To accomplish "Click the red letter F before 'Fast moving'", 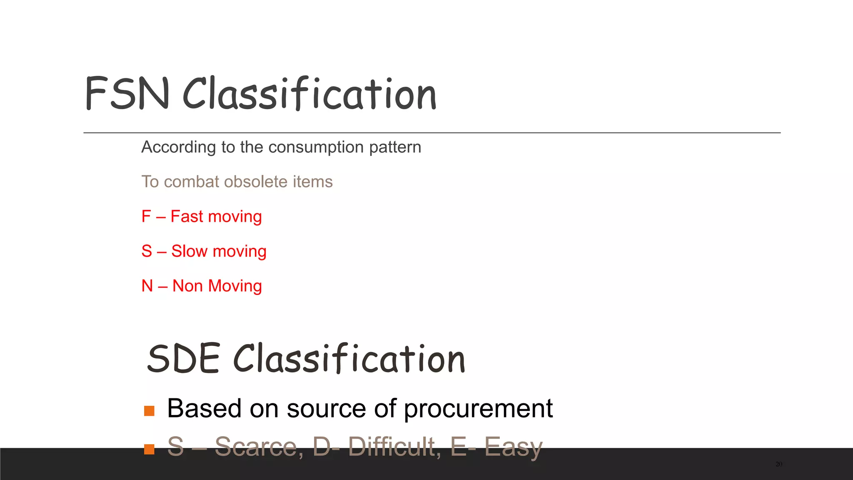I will point(146,217).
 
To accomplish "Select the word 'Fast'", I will point(187,217).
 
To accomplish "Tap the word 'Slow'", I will point(190,251).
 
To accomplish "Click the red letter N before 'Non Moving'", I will point(147,286).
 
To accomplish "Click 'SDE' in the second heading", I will point(183,359).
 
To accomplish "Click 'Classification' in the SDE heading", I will point(349,359).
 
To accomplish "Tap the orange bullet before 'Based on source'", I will point(149,411).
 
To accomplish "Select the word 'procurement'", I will point(478,409).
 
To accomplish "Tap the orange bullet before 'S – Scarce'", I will point(149,449).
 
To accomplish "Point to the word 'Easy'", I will point(513,447).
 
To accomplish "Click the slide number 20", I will point(779,464).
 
